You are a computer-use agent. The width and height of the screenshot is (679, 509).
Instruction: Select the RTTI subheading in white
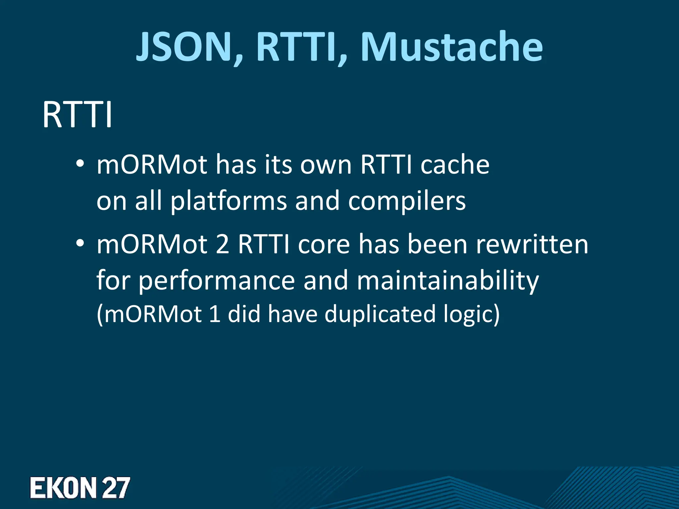tap(77, 115)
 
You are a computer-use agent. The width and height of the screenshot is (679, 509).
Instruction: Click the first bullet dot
tap(80, 164)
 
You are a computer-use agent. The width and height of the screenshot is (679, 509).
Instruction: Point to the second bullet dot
tap(80, 244)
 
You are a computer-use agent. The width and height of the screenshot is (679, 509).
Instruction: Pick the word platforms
tap(228, 201)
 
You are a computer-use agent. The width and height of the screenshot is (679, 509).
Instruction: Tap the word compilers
tap(407, 201)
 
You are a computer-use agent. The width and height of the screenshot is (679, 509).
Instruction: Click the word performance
tap(216, 280)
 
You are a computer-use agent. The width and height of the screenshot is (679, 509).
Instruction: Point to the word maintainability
tap(448, 280)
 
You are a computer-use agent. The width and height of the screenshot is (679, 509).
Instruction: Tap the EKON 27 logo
tap(80, 487)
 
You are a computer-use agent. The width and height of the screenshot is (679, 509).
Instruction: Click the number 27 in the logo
tap(115, 487)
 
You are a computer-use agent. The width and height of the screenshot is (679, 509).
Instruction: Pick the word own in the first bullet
tap(326, 165)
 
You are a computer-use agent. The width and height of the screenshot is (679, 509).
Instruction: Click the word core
tap(324, 244)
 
